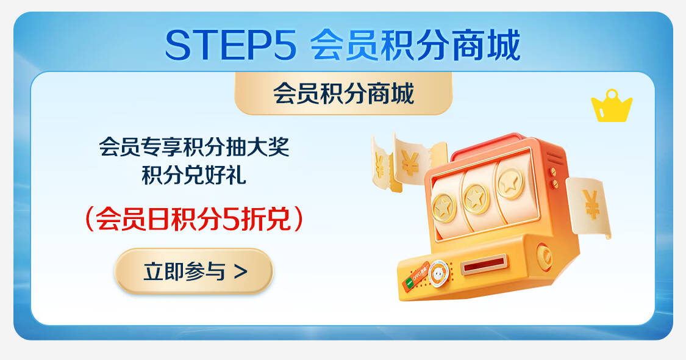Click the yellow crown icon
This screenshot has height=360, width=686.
[611, 106]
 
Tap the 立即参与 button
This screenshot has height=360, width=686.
[194, 271]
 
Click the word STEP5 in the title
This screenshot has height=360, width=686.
[231, 45]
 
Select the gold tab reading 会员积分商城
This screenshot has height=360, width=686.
[343, 93]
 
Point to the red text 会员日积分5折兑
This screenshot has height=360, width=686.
[194, 218]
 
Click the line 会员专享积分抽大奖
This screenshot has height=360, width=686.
[194, 146]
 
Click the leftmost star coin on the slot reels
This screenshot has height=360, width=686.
[444, 207]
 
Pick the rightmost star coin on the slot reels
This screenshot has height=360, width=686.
[510, 183]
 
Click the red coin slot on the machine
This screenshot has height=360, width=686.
[484, 264]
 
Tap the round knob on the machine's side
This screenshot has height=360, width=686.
[545, 256]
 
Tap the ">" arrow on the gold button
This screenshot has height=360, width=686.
[241, 272]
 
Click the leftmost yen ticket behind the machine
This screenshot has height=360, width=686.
[382, 164]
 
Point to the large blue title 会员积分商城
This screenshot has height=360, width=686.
[416, 45]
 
